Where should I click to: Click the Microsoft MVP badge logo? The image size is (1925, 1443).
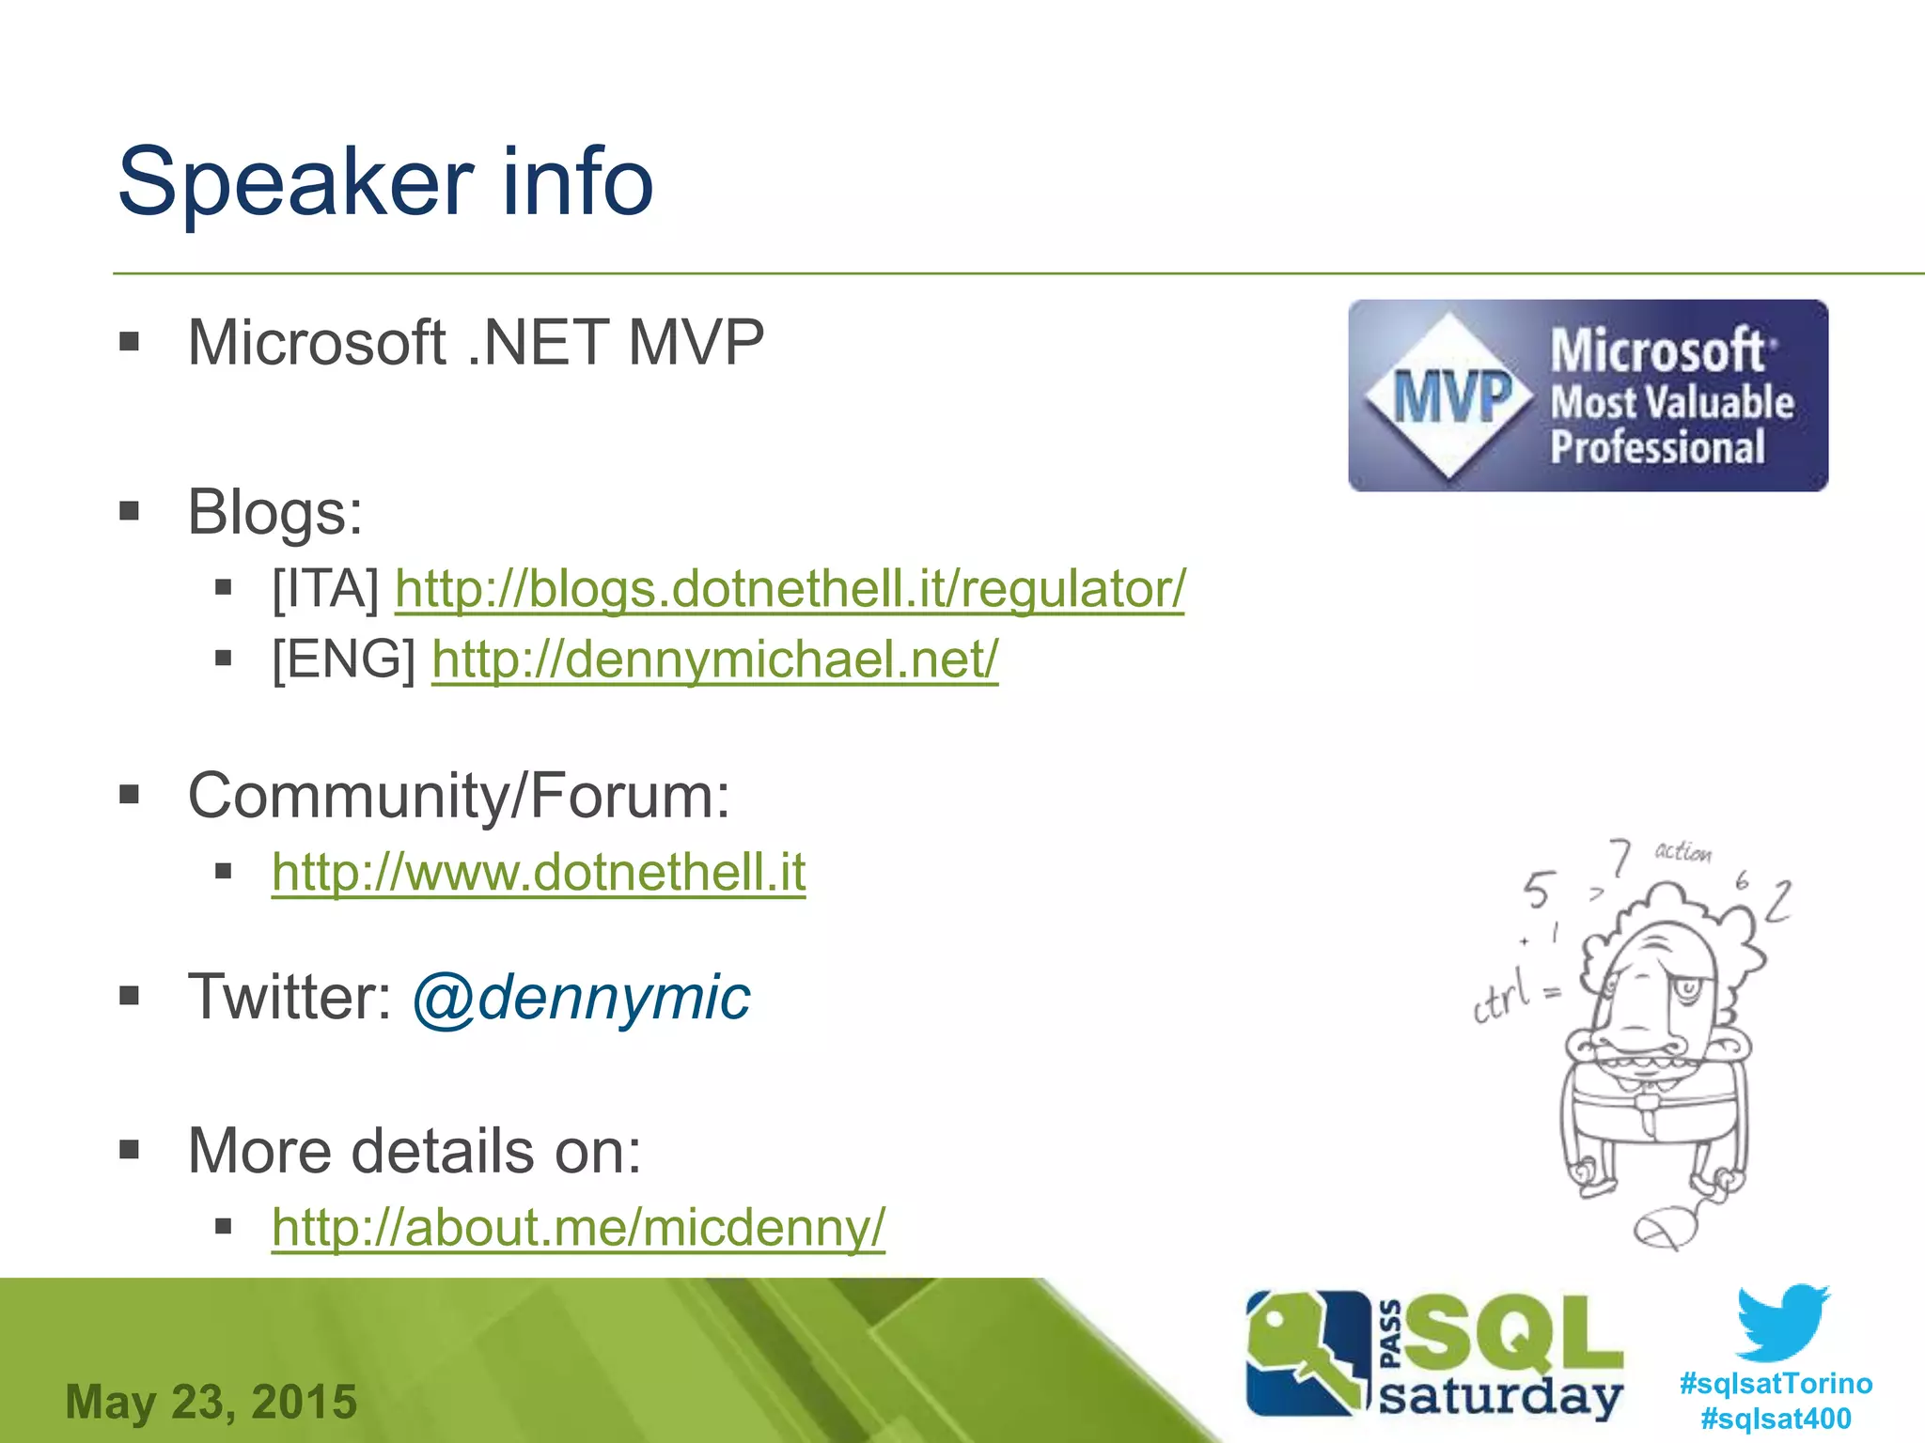(1588, 396)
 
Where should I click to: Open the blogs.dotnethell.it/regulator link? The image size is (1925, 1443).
(790, 589)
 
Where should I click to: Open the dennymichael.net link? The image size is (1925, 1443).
(714, 659)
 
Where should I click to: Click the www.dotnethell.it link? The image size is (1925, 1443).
(539, 873)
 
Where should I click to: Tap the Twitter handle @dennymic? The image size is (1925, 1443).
(581, 997)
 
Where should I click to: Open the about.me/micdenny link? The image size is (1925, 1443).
(578, 1227)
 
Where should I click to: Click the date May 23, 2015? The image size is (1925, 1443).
(211, 1402)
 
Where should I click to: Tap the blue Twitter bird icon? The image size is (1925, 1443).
(1782, 1323)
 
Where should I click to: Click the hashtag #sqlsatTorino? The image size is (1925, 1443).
(1776, 1383)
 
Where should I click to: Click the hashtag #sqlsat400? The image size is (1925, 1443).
(1776, 1418)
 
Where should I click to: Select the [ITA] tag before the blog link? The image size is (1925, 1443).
(325, 589)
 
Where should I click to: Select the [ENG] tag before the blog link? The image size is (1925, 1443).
(344, 659)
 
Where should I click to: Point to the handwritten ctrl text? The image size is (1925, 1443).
(1504, 998)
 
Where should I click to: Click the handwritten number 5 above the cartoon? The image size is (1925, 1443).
(1539, 890)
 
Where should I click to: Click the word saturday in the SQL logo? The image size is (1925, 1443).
(1500, 1396)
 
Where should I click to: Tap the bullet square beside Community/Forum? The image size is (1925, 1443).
(130, 796)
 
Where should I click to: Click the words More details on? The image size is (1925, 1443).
(414, 1150)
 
